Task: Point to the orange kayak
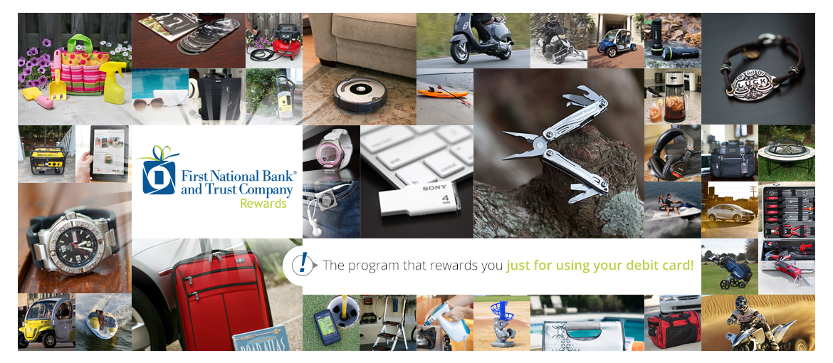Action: pos(444,93)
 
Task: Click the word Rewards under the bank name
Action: pos(263,204)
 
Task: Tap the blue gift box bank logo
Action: pos(158,171)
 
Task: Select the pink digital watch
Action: pos(330,154)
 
